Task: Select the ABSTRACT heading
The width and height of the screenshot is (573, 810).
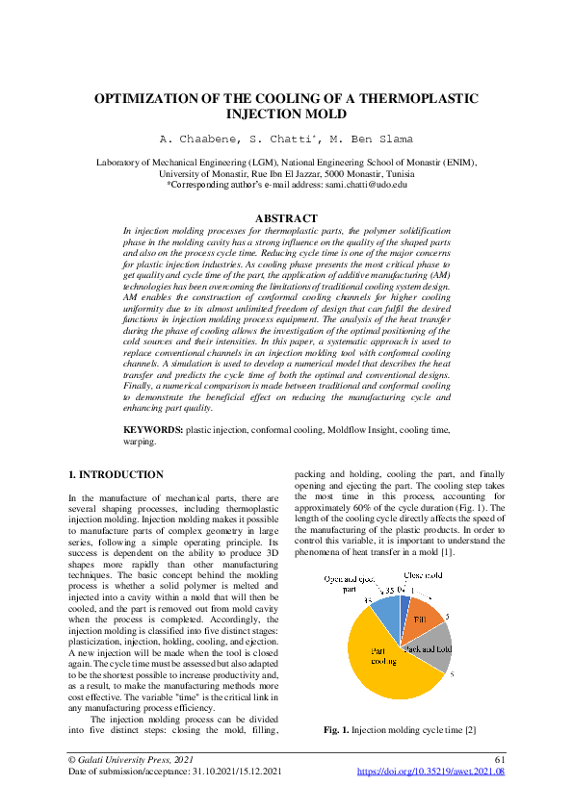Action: tap(285, 219)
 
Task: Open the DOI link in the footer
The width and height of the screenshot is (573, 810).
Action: tap(430, 772)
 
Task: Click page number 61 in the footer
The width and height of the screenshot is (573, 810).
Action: tap(498, 760)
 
